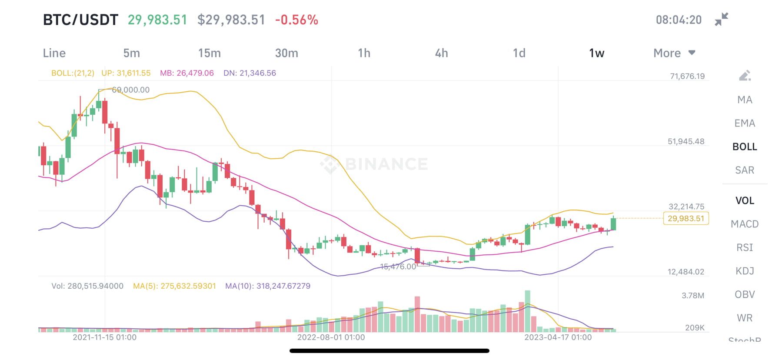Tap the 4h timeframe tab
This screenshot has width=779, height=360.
coord(441,53)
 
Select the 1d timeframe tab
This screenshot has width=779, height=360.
coord(519,53)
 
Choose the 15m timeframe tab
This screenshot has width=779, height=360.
coord(209,53)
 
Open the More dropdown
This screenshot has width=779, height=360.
coord(674,53)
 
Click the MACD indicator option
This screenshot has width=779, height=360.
coord(744,224)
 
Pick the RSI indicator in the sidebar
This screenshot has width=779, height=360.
coord(744,247)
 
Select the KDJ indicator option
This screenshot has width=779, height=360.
coord(744,271)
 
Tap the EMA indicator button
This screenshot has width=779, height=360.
coord(744,123)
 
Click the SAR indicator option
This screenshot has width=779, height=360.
coord(744,170)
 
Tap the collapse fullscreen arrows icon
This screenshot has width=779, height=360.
coord(721,20)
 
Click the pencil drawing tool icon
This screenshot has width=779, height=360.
coord(745,76)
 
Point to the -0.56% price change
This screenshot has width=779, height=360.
coord(296,20)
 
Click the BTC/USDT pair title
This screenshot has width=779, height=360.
coord(80,20)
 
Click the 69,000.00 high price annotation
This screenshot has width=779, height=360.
coord(130,90)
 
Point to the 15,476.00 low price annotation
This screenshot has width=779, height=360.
coord(398,267)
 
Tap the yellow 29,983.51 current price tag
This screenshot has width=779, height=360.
coord(686,218)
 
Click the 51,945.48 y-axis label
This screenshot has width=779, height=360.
coord(686,141)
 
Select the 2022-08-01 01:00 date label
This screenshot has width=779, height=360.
coord(331,337)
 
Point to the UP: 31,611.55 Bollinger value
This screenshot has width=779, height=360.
coord(126,73)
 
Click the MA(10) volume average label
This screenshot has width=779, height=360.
coord(267,286)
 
